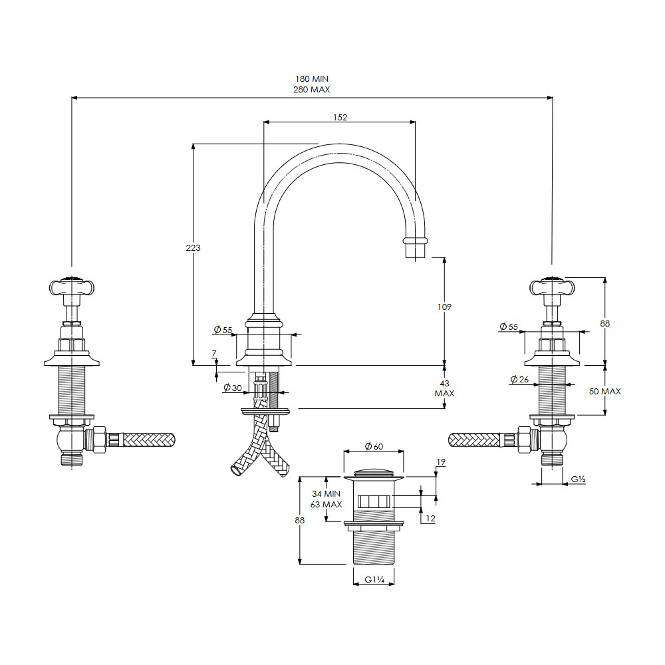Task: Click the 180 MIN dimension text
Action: tap(312, 79)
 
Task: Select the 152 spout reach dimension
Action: tap(340, 117)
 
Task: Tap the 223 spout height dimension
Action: tap(193, 247)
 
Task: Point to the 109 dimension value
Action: tap(444, 307)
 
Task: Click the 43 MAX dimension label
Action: tap(444, 388)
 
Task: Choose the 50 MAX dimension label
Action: tap(604, 392)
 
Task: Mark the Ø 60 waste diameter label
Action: tap(374, 446)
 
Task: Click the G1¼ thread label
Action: tap(374, 579)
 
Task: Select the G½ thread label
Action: tap(578, 479)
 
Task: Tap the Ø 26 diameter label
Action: tap(519, 379)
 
